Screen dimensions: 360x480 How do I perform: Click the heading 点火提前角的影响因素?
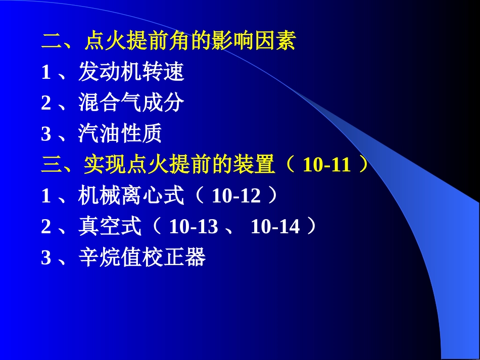pyautogui.click(x=189, y=42)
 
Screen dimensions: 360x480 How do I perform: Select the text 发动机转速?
pyautogui.click(x=131, y=73)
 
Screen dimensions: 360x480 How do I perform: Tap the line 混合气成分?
pyautogui.click(x=131, y=104)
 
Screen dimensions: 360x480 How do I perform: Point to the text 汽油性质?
pyautogui.click(x=120, y=134)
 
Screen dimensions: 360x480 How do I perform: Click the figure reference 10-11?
pyautogui.click(x=327, y=165)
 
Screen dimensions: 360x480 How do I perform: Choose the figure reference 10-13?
pyautogui.click(x=194, y=227)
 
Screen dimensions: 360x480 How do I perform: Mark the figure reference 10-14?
pyautogui.click(x=275, y=227)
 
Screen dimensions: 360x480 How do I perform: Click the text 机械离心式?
pyautogui.click(x=131, y=196)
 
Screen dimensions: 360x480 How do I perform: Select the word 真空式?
pyautogui.click(x=110, y=227)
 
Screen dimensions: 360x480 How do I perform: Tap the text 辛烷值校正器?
pyautogui.click(x=141, y=258)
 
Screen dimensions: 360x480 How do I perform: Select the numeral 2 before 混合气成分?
pyautogui.click(x=46, y=104)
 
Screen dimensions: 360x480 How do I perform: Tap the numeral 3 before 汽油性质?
pyautogui.click(x=46, y=134)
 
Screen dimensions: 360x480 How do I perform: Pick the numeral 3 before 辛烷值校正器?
pyautogui.click(x=46, y=258)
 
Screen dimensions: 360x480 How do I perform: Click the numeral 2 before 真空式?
pyautogui.click(x=46, y=227)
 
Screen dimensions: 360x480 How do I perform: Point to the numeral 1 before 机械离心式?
pyautogui.click(x=46, y=196)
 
